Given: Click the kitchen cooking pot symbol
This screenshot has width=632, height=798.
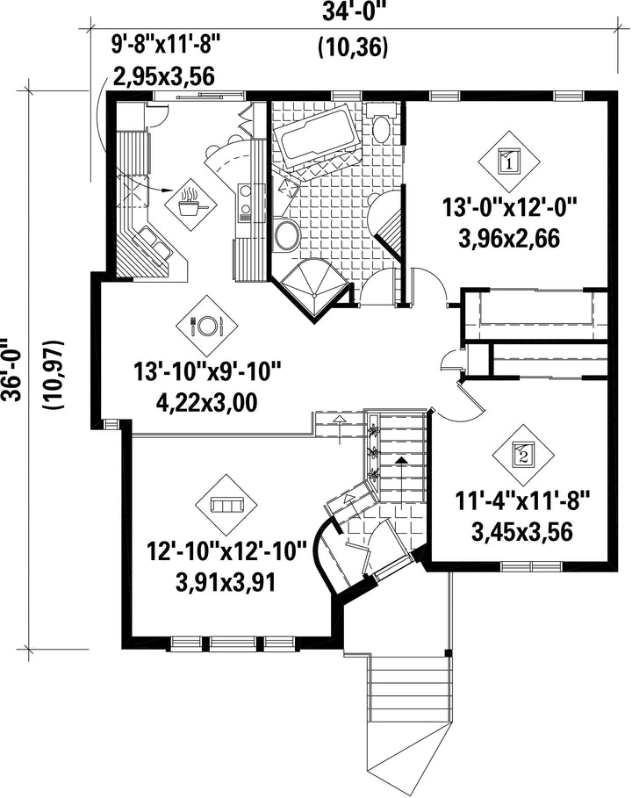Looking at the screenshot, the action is [190, 203].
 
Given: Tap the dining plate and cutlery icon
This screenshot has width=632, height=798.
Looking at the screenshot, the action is [206, 326].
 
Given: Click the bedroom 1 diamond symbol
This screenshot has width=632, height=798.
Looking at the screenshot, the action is [508, 162].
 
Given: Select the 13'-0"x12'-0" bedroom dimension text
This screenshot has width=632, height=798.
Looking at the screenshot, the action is [509, 208].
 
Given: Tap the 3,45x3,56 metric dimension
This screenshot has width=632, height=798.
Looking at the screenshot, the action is [522, 532].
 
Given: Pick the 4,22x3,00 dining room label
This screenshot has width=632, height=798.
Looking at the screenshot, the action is [206, 403].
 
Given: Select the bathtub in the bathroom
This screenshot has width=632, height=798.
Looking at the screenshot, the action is [315, 135].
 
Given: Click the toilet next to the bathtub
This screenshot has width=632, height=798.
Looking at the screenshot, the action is [381, 126].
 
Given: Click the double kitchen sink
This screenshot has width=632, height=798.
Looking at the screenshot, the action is [153, 243].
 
